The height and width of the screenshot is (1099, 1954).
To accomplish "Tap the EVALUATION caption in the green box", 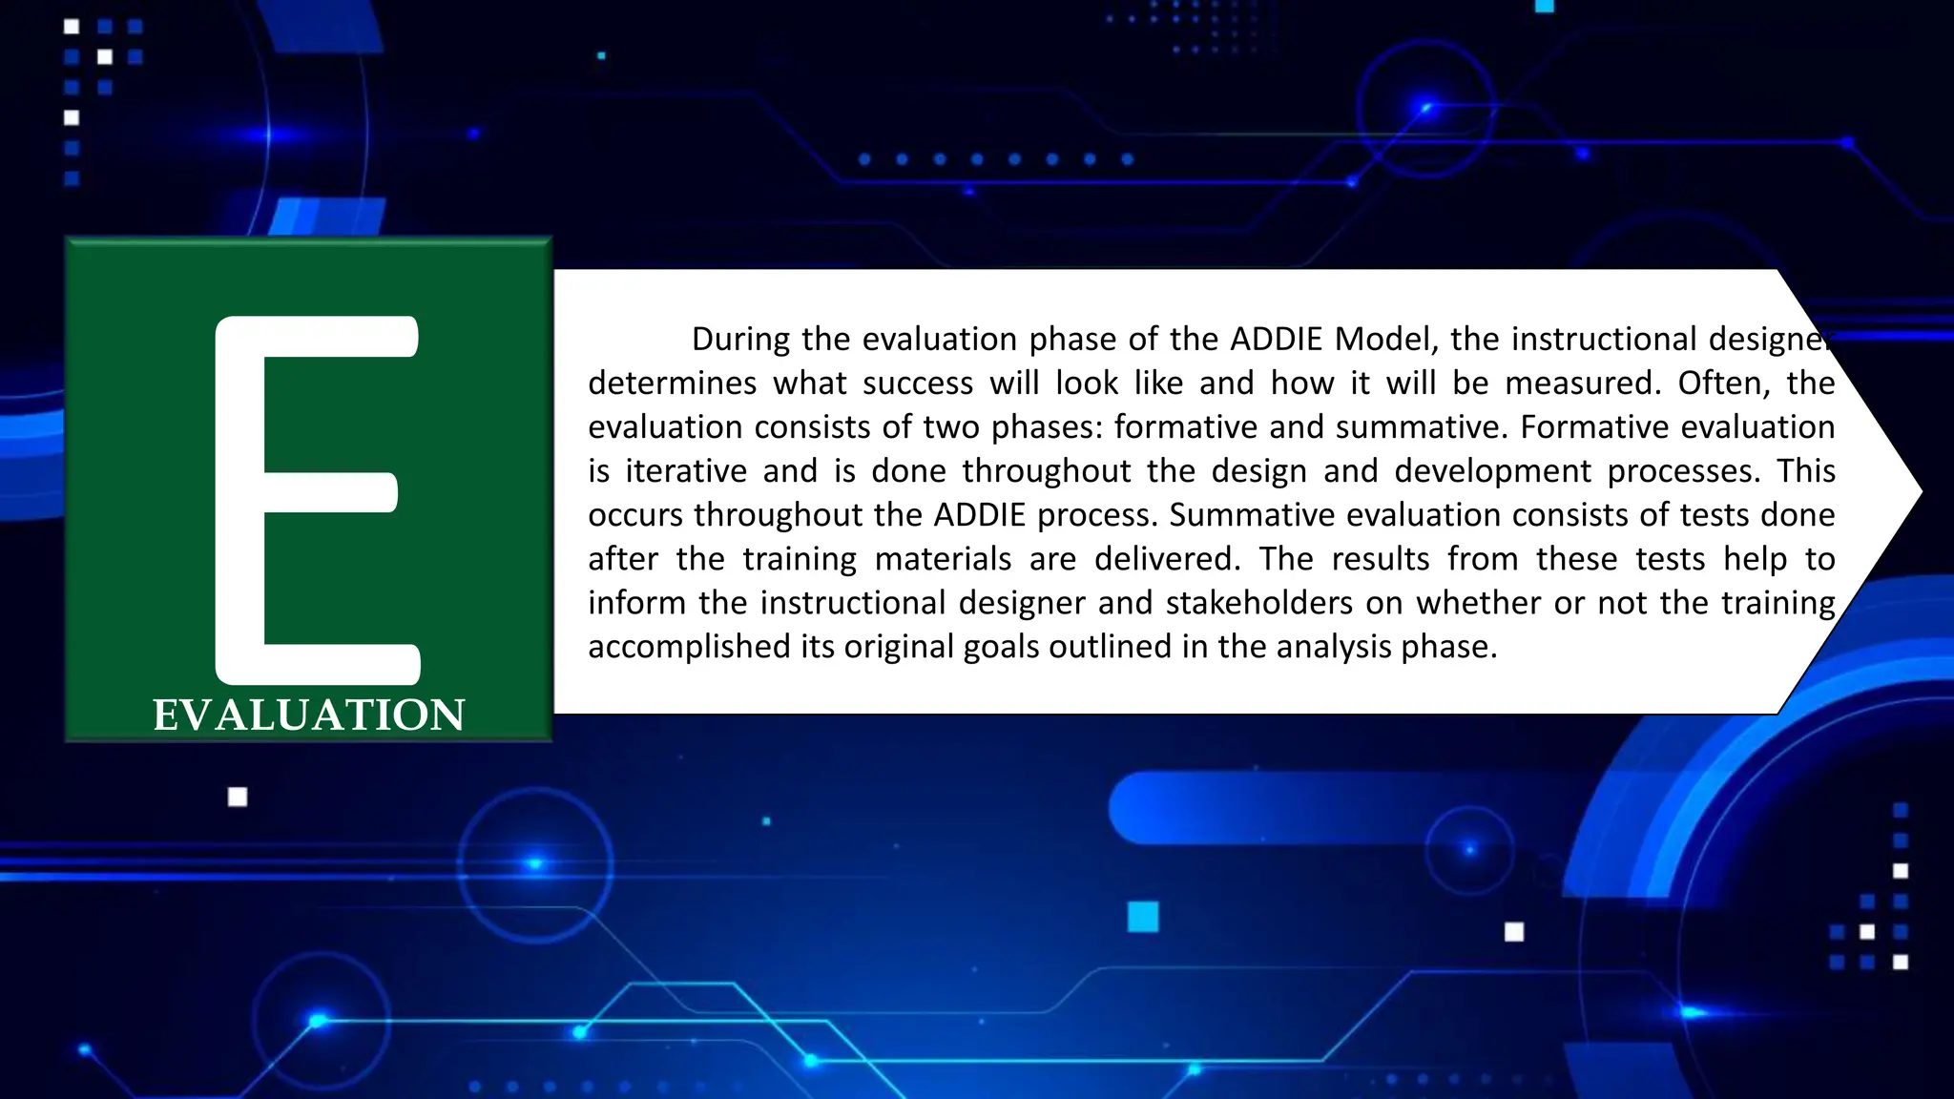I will click(309, 715).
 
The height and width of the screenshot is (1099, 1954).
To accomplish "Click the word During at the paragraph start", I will click(740, 340).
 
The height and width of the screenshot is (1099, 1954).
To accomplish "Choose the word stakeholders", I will click(1258, 603).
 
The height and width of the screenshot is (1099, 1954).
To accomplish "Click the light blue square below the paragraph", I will click(1142, 917).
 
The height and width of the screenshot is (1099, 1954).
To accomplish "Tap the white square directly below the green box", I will click(238, 797).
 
